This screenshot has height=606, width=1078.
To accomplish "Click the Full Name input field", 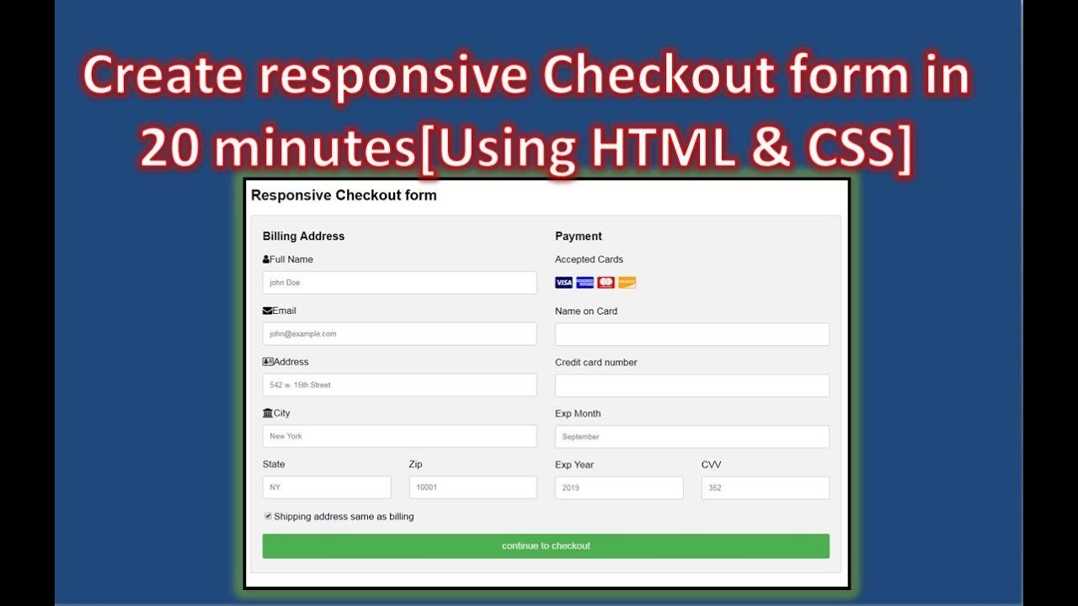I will pos(399,283).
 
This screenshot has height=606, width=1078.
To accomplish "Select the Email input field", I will pos(399,334).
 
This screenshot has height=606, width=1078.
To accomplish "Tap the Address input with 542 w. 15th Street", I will pos(399,385).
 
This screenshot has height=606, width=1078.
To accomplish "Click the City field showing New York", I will pos(399,436).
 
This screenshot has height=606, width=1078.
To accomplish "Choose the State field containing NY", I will pos(327,487).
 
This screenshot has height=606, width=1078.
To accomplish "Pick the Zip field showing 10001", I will pos(472,487).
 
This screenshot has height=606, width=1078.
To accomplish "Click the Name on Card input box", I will pos(691,334).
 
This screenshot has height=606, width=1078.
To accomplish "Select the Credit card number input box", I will pos(691,385).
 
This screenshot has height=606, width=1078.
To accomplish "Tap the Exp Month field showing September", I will pos(691,437).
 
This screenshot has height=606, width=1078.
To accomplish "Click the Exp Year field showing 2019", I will pos(619,487).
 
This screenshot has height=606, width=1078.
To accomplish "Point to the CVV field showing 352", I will pos(765,487).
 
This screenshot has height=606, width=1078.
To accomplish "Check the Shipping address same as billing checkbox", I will pos(268,516).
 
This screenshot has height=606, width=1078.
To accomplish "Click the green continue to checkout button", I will pos(546,546).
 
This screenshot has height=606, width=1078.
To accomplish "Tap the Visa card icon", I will pos(563,283).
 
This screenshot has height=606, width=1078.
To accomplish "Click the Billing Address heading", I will pos(303,237).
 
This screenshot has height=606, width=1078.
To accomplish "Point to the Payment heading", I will pos(579,237).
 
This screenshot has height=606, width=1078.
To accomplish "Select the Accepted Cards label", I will pos(589,259).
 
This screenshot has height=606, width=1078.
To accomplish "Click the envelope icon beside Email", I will pos(267,311).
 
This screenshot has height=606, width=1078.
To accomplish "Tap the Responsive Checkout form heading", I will pos(344,195).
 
